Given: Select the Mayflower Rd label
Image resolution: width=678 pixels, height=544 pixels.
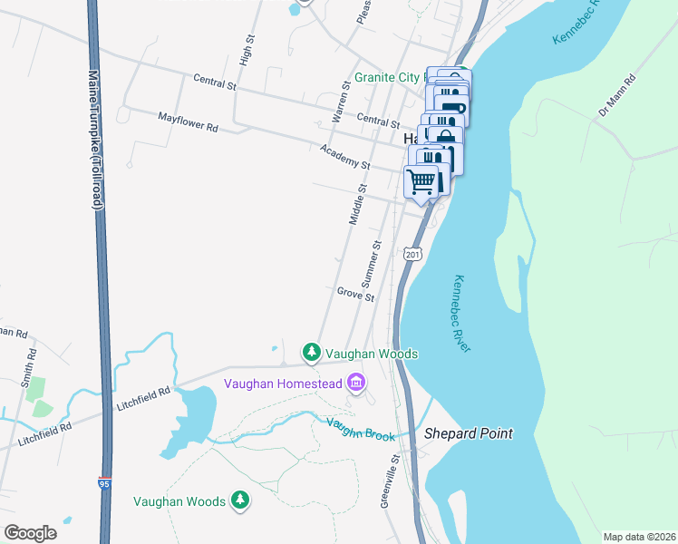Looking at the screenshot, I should [x=188, y=122].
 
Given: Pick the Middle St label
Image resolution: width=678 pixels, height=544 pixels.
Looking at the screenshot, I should [x=358, y=205].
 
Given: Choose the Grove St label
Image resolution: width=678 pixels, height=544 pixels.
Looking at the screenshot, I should [x=355, y=295].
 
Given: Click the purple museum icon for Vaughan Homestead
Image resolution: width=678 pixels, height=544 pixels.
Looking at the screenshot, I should [x=356, y=384].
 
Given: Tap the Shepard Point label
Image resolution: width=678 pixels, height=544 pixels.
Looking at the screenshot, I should [x=469, y=434].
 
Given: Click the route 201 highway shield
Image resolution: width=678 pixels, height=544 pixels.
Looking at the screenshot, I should [x=413, y=254].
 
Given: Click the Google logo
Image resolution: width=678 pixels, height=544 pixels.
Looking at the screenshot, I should [x=30, y=533].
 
